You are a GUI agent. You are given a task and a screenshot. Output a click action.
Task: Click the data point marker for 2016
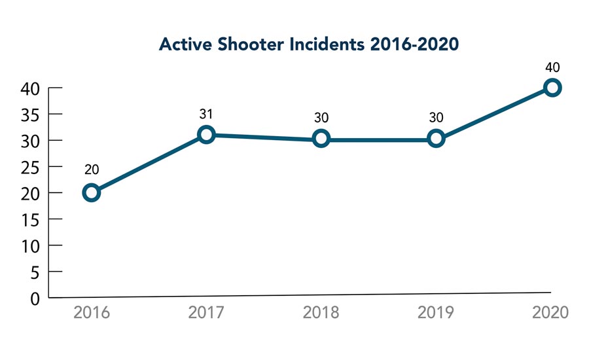click(92, 192)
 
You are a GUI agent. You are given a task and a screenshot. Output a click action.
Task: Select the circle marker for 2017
click(206, 135)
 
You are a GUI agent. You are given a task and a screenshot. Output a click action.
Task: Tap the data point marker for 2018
click(321, 139)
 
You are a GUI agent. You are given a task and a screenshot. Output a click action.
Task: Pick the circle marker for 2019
click(436, 139)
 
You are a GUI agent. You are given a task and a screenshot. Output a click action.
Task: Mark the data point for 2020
click(552, 87)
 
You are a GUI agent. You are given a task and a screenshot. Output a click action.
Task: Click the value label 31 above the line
click(206, 115)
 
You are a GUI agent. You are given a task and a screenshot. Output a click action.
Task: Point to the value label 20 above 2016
click(92, 170)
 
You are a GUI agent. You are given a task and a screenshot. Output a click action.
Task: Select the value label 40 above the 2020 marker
click(552, 67)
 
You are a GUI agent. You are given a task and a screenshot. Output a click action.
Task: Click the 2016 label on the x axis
click(92, 312)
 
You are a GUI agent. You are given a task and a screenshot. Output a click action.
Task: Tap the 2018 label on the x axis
click(321, 312)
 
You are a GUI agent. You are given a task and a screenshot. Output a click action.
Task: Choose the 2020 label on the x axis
click(551, 312)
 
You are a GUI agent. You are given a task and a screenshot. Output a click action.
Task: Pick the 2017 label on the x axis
click(206, 312)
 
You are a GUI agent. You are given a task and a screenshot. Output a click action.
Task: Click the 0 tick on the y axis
click(35, 298)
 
